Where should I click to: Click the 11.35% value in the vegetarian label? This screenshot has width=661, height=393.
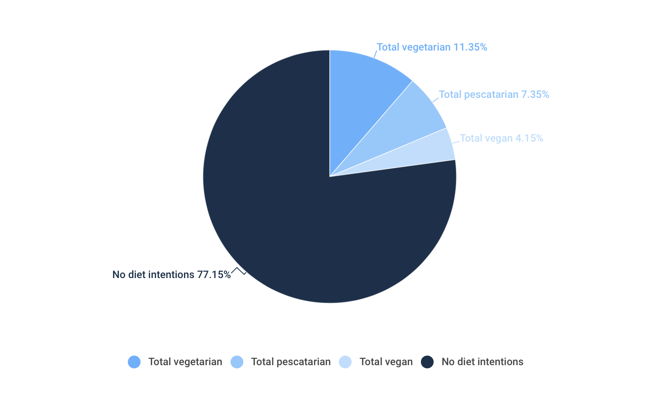(470, 47)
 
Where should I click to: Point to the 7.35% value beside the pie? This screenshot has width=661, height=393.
(535, 95)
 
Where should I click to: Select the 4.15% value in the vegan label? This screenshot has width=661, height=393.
(529, 138)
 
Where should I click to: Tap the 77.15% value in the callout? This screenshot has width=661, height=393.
(214, 275)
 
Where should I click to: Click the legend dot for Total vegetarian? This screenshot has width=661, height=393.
(134, 362)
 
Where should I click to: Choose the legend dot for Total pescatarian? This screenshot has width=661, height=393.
(237, 362)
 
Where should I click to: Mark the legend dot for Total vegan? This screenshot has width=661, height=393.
(345, 362)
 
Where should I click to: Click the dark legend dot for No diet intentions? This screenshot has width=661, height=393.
(427, 362)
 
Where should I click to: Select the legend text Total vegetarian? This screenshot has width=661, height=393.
(185, 362)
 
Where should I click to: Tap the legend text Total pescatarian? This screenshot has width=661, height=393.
(291, 362)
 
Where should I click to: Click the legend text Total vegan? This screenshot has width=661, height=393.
(386, 362)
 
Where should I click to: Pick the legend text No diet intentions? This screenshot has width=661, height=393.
(482, 362)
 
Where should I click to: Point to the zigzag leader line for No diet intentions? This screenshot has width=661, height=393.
(239, 271)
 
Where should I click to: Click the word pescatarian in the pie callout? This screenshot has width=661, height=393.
(491, 95)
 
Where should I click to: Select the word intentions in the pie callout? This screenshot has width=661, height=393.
(169, 275)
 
